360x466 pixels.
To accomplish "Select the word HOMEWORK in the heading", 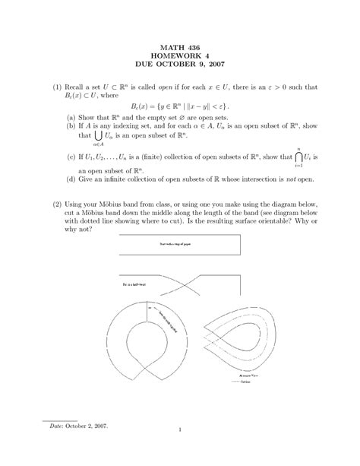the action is [172, 58].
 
